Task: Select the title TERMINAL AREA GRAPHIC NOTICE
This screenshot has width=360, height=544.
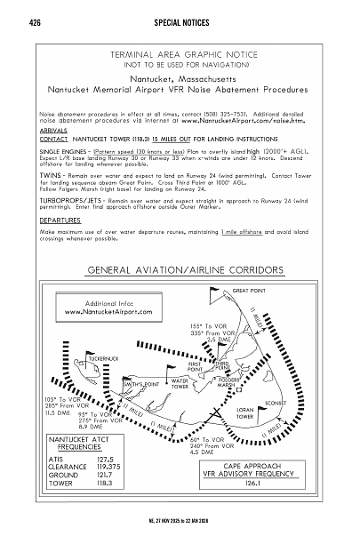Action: pyautogui.click(x=180, y=55)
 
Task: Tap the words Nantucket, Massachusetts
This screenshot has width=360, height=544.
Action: pyautogui.click(x=180, y=77)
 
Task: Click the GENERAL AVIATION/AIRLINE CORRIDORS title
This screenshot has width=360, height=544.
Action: pyautogui.click(x=180, y=269)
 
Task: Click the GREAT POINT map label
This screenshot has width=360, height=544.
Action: pyautogui.click(x=251, y=291)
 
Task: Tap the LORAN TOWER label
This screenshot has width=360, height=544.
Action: pyautogui.click(x=246, y=412)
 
